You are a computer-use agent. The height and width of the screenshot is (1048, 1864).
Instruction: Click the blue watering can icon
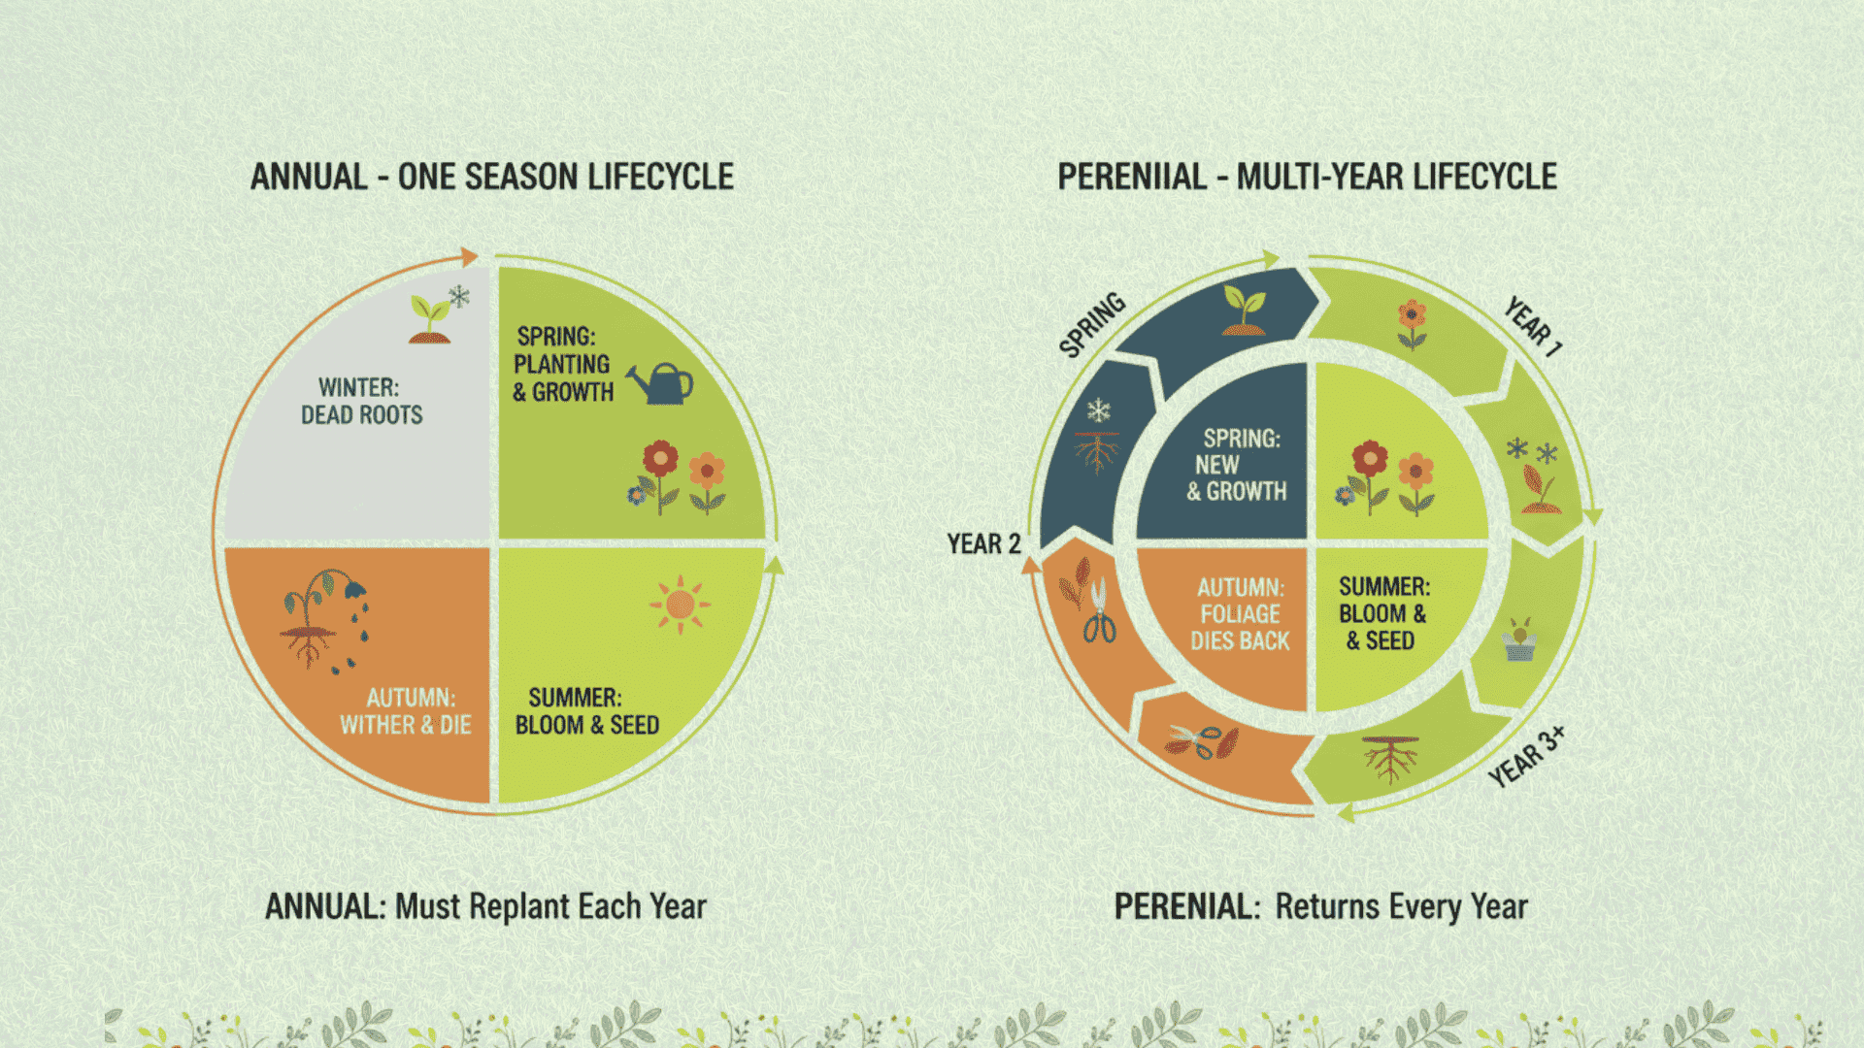pyautogui.click(x=661, y=383)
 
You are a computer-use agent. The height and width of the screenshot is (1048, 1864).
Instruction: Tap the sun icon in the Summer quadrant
pyautogui.click(x=680, y=605)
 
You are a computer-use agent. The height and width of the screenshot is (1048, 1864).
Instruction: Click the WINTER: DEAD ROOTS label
pyautogui.click(x=361, y=402)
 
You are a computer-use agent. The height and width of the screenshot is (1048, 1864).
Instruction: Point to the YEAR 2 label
pyautogui.click(x=983, y=544)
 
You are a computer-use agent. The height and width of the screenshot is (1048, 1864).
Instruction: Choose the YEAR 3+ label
pyautogui.click(x=1526, y=757)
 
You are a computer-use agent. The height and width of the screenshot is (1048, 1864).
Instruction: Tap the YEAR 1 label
pyautogui.click(x=1533, y=327)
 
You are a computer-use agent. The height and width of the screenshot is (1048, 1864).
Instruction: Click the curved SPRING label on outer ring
pyautogui.click(x=1092, y=324)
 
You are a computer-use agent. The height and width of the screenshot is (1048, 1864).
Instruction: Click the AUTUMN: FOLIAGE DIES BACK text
pyautogui.click(x=1240, y=614)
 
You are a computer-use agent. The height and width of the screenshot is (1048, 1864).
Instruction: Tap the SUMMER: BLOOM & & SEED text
pyautogui.click(x=1383, y=613)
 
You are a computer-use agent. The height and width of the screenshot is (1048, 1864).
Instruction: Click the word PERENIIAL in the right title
pyautogui.click(x=1132, y=178)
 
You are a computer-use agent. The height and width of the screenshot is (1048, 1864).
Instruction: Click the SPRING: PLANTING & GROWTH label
pyautogui.click(x=563, y=365)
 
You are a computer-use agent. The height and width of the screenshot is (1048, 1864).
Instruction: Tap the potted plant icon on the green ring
pyautogui.click(x=1519, y=640)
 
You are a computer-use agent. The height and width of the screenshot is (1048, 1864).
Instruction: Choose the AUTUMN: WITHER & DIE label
pyautogui.click(x=406, y=711)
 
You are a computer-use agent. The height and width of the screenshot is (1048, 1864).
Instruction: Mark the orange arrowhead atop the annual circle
pyautogui.click(x=469, y=257)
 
